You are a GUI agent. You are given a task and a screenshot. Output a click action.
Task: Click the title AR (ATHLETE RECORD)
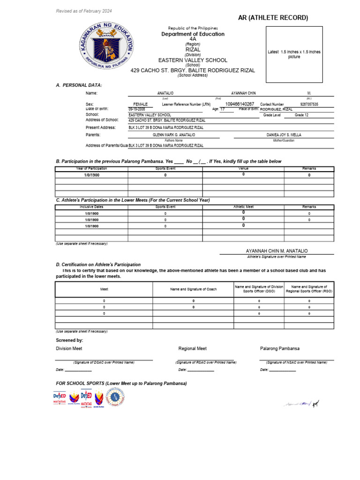click(x=273, y=18)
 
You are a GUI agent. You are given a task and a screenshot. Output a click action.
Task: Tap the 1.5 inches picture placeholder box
click(x=294, y=54)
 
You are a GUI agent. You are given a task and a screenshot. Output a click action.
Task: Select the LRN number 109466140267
click(x=240, y=104)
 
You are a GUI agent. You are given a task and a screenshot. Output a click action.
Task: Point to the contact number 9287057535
click(x=309, y=105)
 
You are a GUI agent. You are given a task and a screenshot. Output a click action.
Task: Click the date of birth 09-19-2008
click(x=137, y=109)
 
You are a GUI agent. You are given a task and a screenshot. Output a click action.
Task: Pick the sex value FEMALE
click(x=141, y=104)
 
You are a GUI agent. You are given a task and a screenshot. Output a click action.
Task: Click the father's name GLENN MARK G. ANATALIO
click(x=173, y=135)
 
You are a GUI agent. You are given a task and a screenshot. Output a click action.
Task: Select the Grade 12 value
click(x=301, y=115)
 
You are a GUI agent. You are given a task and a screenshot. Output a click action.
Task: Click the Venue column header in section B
click(x=243, y=168)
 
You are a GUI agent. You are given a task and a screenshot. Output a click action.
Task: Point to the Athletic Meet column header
click(x=243, y=207)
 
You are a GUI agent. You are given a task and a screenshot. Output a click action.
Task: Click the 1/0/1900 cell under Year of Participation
click(x=92, y=175)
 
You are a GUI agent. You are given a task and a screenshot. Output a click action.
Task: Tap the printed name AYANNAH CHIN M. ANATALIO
click(x=277, y=251)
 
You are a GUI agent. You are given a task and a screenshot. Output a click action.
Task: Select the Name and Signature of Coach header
click(x=193, y=289)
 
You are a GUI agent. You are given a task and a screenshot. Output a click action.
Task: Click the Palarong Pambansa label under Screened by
click(x=279, y=349)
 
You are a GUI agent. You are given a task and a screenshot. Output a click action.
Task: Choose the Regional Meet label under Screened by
click(x=192, y=349)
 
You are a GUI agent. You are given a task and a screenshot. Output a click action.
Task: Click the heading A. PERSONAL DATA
click(x=79, y=85)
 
